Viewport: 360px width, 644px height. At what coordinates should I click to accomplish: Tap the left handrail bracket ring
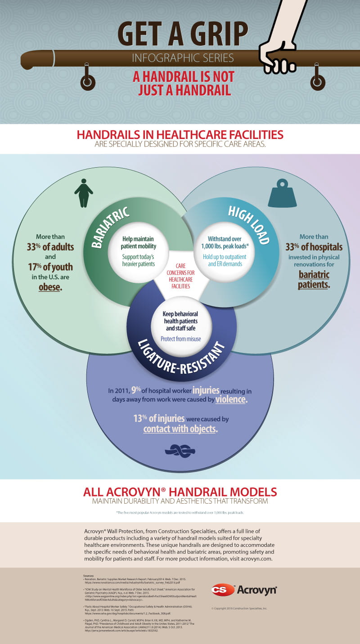pyautogui.click(x=88, y=82)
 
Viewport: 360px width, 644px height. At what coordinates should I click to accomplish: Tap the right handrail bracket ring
pyautogui.click(x=318, y=81)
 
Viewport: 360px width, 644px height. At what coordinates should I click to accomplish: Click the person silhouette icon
pyautogui.click(x=83, y=193)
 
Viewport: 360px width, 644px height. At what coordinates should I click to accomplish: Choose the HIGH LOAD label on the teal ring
pyautogui.click(x=248, y=225)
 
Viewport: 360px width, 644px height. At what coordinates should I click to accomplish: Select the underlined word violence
pyautogui.click(x=231, y=399)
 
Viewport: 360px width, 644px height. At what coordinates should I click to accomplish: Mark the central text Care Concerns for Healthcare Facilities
pyautogui.click(x=180, y=276)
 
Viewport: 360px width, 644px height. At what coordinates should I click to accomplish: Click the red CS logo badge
pyautogui.click(x=223, y=590)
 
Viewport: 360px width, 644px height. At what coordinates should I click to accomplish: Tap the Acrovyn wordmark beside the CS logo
pyautogui.click(x=256, y=590)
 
